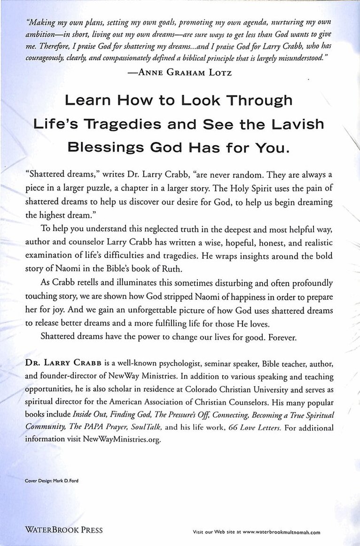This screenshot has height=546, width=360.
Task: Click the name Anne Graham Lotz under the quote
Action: (x=189, y=72)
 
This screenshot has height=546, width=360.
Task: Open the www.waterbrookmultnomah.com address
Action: (x=279, y=532)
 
